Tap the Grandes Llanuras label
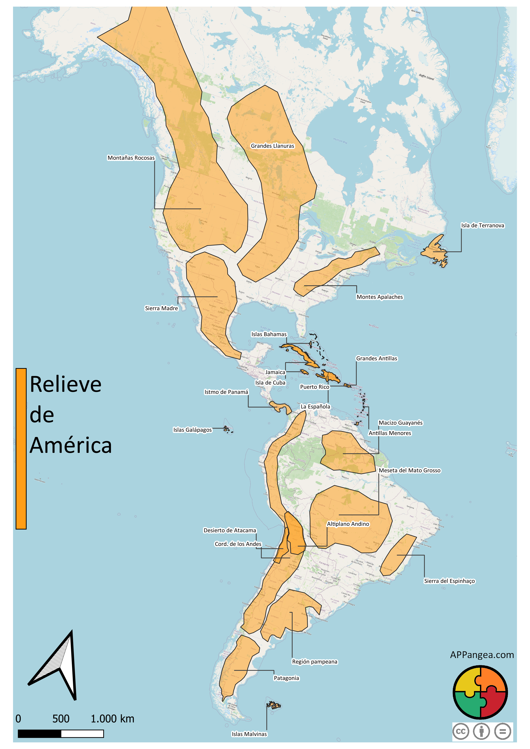272,146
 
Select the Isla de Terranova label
482,225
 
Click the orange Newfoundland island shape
435,251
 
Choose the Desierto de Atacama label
230,531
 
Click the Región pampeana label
314,662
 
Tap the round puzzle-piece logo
480,692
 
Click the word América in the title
71,446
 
